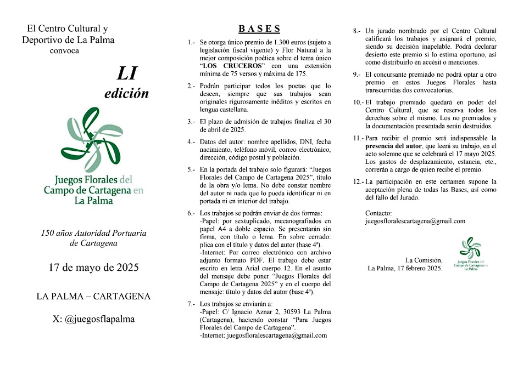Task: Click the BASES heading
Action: [259, 29]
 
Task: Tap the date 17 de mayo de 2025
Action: [93, 268]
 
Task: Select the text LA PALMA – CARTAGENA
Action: [93, 296]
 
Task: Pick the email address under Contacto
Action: [415, 221]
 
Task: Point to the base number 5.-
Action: [191, 169]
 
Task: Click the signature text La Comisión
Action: [424, 260]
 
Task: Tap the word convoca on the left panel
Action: [64, 50]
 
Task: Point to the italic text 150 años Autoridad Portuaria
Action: [93, 233]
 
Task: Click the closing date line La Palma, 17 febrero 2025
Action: [405, 268]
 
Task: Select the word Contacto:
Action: [378, 213]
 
